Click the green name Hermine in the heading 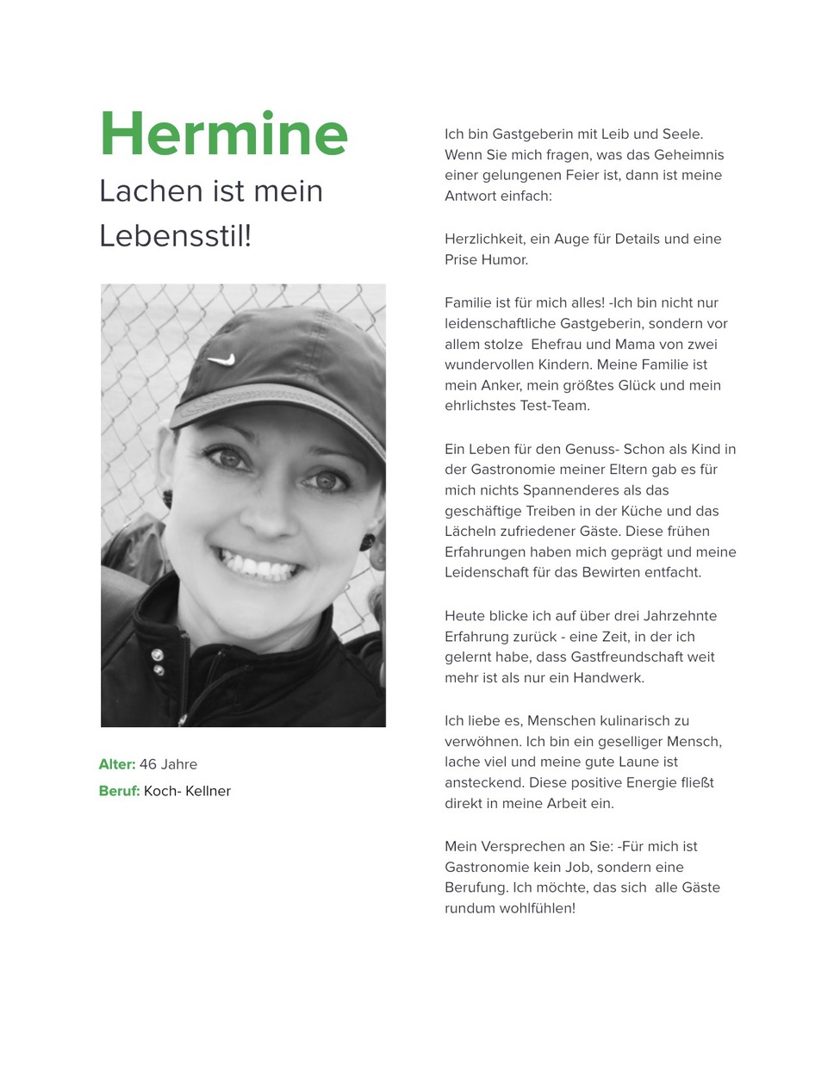coord(223,135)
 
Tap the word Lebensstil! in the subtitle coord(175,235)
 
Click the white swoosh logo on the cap coord(221,358)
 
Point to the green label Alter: coord(117,764)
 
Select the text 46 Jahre coord(168,764)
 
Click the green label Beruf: coord(119,791)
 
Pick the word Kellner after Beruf coord(208,791)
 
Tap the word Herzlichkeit coord(483,239)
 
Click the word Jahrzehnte coord(675,615)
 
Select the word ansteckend coord(484,782)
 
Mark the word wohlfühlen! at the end coord(538,908)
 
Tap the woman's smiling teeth coord(258,567)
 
